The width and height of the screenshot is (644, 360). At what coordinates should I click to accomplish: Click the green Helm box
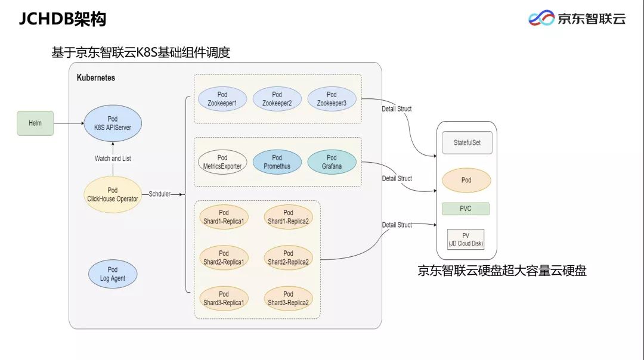35,123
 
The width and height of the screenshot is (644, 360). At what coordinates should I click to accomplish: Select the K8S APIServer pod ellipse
113,123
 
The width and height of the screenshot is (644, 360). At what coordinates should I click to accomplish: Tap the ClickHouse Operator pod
113,194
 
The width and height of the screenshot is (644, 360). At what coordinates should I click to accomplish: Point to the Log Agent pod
113,274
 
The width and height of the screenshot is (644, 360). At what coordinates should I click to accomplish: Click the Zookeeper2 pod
277,99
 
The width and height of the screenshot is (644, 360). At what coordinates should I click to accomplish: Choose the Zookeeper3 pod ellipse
332,99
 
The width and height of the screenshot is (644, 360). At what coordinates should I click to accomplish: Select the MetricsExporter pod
222,162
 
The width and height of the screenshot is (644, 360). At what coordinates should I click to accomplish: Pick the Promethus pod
277,162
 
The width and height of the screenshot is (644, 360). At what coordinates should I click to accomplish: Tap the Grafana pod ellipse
332,162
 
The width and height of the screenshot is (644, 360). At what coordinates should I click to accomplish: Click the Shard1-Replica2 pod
288,217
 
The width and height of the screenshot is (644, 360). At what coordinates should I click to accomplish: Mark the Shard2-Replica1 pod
224,257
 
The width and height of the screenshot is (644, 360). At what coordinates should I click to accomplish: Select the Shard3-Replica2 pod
288,299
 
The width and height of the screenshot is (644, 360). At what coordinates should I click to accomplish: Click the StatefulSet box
467,143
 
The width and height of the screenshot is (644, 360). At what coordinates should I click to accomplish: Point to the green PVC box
466,209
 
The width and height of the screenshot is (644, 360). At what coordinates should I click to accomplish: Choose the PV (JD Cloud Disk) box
466,240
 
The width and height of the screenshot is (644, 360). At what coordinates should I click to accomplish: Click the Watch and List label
113,159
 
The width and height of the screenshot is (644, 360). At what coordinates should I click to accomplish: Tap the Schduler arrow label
159,194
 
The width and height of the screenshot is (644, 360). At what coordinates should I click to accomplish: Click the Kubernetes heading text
95,77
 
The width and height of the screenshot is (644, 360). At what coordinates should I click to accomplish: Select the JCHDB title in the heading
46,19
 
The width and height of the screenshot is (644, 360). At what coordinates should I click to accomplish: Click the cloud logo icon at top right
541,18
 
